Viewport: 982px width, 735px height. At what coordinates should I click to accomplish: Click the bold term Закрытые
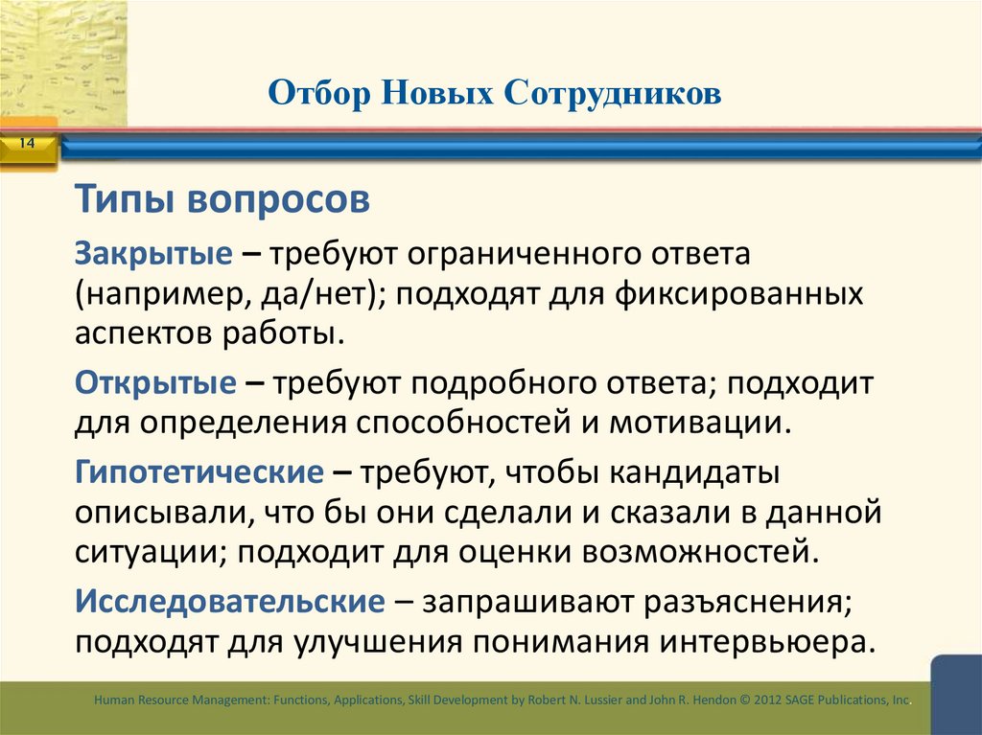pos(153,255)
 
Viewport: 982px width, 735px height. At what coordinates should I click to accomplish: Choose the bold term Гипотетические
pos(200,472)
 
